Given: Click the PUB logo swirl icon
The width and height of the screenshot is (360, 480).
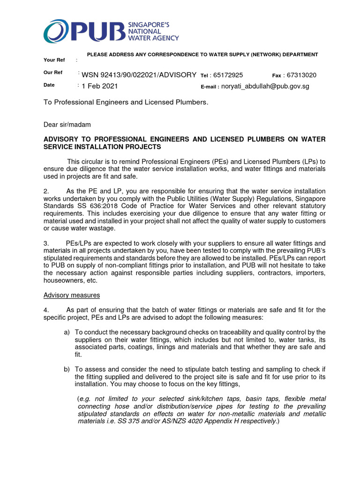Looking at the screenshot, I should coord(55,31).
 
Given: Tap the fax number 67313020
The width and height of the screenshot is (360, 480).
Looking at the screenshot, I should coord(301,75).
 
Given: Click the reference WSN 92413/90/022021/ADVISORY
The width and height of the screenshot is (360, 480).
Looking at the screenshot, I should coord(139,75).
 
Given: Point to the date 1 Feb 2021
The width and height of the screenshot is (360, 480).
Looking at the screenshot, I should coord(99,86).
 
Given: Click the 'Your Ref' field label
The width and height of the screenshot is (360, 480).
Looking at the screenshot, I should coord(52,60).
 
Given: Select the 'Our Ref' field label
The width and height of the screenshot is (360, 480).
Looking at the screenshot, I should coord(52,73).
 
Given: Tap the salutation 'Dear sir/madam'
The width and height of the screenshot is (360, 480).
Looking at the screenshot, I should coord(67,125).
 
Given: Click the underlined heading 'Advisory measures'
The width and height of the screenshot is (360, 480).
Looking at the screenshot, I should coord(71,295).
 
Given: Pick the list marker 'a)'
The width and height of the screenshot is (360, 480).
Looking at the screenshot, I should coord(67,332).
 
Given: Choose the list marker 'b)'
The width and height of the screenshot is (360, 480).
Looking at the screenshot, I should coord(67,370).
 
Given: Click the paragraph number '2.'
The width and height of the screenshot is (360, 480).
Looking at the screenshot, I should coord(46,191).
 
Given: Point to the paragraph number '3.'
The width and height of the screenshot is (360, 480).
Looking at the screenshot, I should coord(46,243).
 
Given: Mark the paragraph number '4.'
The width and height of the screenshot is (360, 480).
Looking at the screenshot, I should coord(46,310).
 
